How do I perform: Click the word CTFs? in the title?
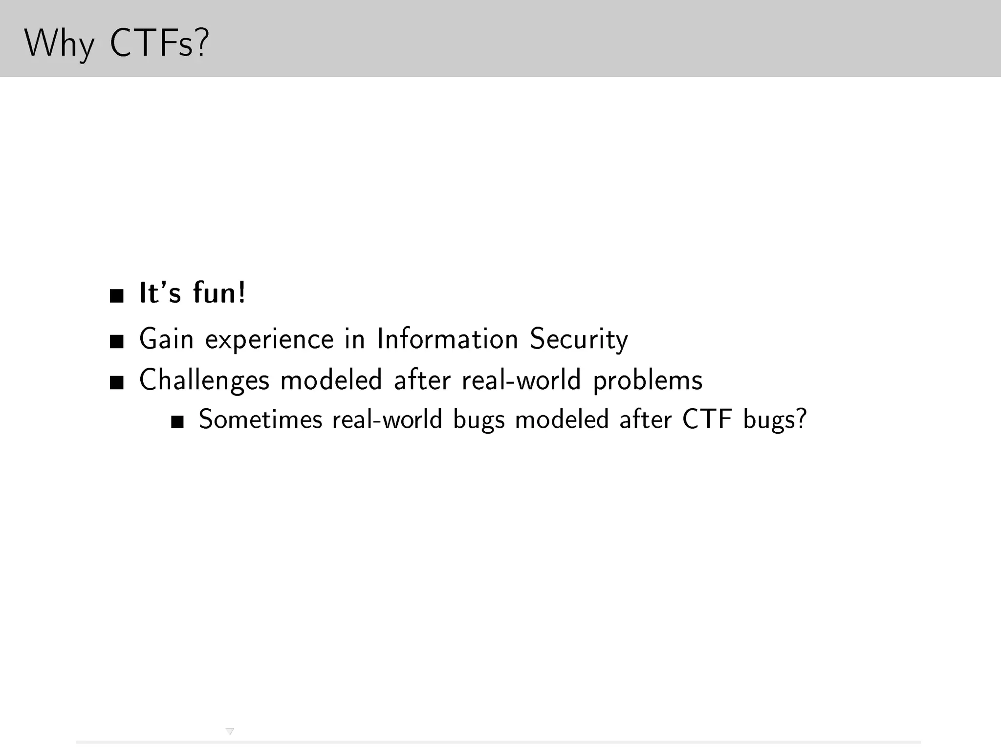point(159,44)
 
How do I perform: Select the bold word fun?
point(219,293)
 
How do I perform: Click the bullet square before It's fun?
point(116,296)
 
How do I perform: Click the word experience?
point(269,339)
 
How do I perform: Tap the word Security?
point(579,339)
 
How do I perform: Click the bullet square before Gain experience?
point(116,341)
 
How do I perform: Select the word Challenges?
point(204,380)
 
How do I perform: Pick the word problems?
point(648,380)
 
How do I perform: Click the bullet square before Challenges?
point(116,382)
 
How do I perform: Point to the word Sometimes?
point(260,420)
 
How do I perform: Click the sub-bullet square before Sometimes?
point(177,422)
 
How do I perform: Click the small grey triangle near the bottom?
point(230,731)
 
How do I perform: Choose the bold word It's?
point(160,293)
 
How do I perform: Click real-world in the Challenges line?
point(521,380)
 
